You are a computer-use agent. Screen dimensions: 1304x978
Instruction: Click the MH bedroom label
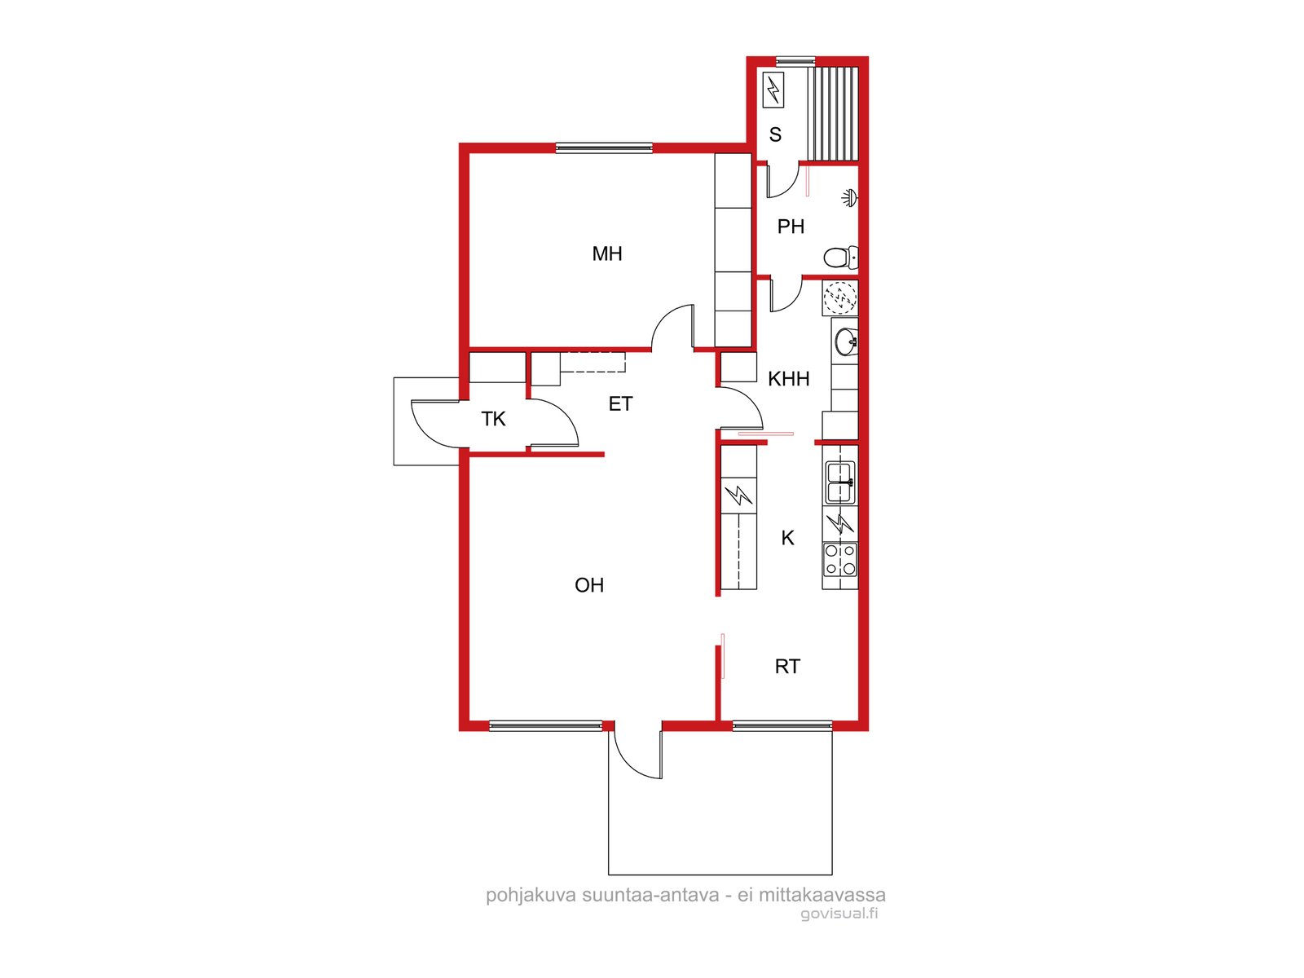click(x=606, y=253)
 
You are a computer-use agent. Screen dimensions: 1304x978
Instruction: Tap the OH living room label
click(x=588, y=585)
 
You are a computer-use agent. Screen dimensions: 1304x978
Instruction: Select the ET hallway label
click(x=620, y=403)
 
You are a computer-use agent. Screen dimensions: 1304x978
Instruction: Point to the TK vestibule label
click(x=493, y=419)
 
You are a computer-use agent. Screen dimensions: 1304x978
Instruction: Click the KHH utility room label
click(x=788, y=378)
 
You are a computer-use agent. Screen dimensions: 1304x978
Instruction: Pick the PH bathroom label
click(x=791, y=227)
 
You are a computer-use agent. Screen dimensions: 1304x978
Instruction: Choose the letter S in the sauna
click(x=775, y=134)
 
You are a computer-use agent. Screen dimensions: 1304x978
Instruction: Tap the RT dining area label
click(x=787, y=666)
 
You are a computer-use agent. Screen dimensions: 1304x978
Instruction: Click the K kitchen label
click(x=787, y=538)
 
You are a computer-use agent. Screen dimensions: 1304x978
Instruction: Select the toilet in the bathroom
click(x=840, y=257)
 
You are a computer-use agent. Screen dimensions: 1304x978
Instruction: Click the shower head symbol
click(x=849, y=198)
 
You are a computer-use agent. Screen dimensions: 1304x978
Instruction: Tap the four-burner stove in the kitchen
click(x=840, y=559)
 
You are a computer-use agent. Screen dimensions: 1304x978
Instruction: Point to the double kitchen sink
click(x=840, y=482)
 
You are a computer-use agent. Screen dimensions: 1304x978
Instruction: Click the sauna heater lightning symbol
click(x=773, y=90)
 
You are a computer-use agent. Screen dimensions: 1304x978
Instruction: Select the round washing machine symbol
click(x=840, y=297)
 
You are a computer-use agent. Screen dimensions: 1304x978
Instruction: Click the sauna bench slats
click(x=833, y=113)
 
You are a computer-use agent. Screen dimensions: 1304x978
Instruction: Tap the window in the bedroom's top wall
click(x=604, y=148)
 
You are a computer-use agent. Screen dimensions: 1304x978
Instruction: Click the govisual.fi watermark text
click(x=839, y=914)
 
